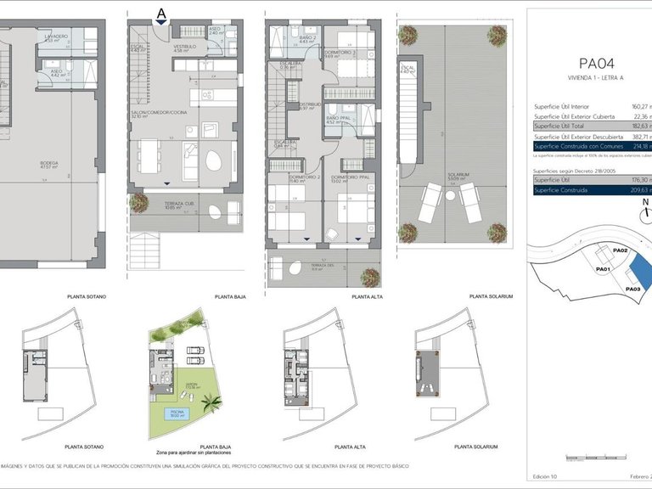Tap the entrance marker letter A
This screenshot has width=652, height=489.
(161, 12)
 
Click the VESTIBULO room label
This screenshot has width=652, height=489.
(184, 47)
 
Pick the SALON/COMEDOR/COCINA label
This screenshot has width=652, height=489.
(159, 112)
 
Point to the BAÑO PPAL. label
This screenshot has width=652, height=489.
(338, 118)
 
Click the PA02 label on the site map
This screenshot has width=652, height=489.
(620, 251)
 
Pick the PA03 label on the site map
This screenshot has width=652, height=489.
(632, 289)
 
